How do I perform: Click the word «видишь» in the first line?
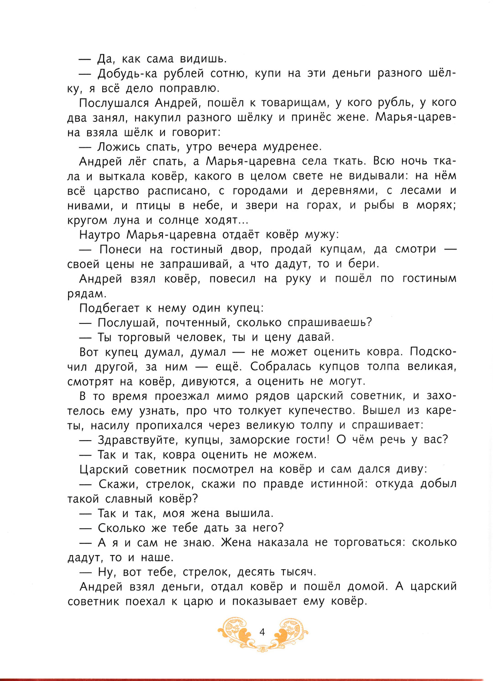(203, 59)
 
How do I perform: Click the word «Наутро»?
(100, 234)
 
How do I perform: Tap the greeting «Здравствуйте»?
(138, 440)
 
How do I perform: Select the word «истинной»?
(339, 484)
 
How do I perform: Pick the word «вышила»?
(249, 513)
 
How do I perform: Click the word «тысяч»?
(298, 572)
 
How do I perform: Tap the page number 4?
(262, 632)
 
